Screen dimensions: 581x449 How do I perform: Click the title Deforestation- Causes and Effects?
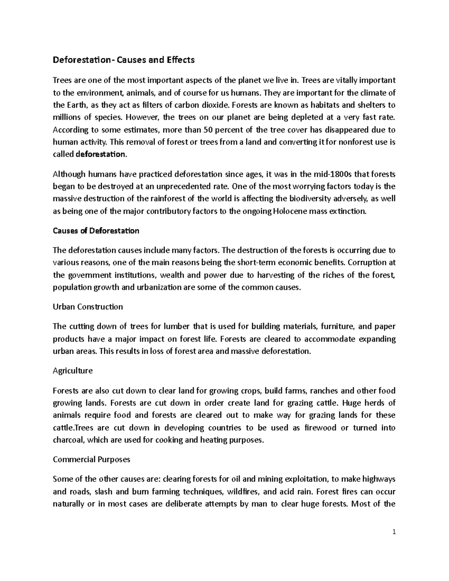click(x=124, y=60)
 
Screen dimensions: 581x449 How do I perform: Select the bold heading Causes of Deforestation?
click(x=96, y=231)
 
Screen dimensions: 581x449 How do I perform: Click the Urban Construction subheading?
click(x=88, y=307)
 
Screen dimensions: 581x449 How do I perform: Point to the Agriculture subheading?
click(x=73, y=371)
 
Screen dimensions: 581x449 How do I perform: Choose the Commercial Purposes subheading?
click(x=92, y=459)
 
